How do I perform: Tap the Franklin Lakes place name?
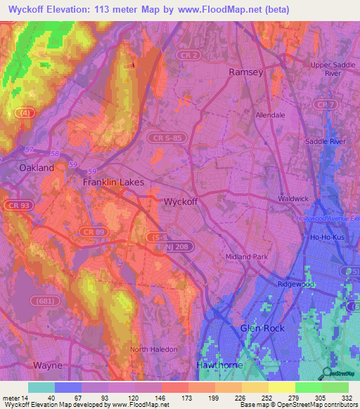(x=114, y=183)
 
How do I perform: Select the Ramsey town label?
(x=246, y=72)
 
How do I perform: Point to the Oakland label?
(x=37, y=168)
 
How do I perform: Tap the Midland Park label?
(x=247, y=257)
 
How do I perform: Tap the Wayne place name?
(x=48, y=365)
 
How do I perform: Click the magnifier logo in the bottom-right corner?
(x=327, y=374)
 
